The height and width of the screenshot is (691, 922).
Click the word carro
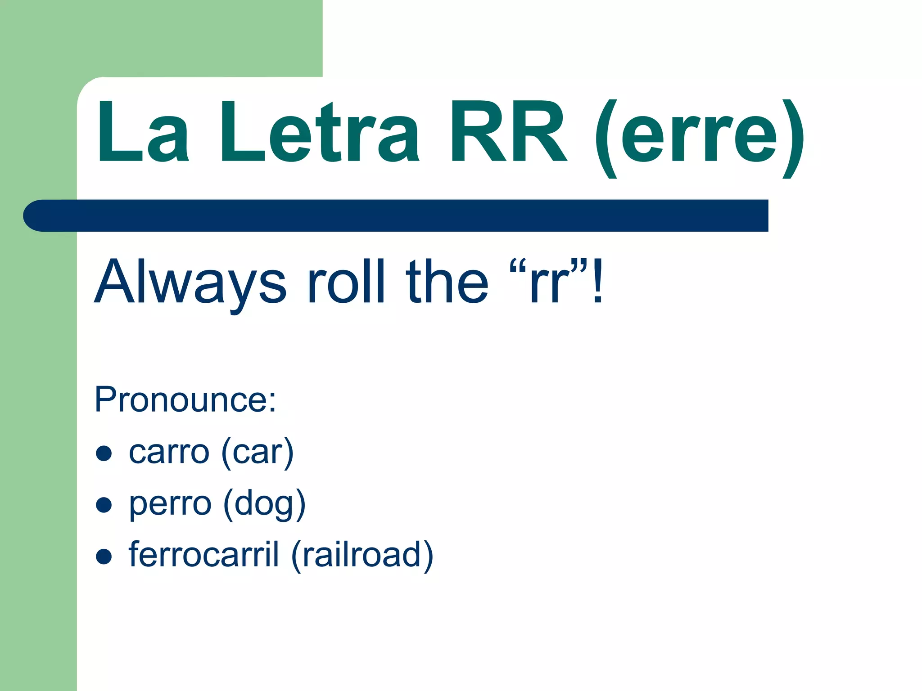coord(169,452)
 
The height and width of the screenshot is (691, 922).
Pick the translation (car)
coord(258,453)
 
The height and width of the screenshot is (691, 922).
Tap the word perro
coord(170,504)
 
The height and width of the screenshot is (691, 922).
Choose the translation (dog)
coord(264,504)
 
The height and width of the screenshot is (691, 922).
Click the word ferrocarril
coord(203,554)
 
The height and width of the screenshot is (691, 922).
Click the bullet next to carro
coord(104,453)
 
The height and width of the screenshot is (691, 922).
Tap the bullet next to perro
coord(104,505)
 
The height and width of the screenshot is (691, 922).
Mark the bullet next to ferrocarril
coord(104,556)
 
